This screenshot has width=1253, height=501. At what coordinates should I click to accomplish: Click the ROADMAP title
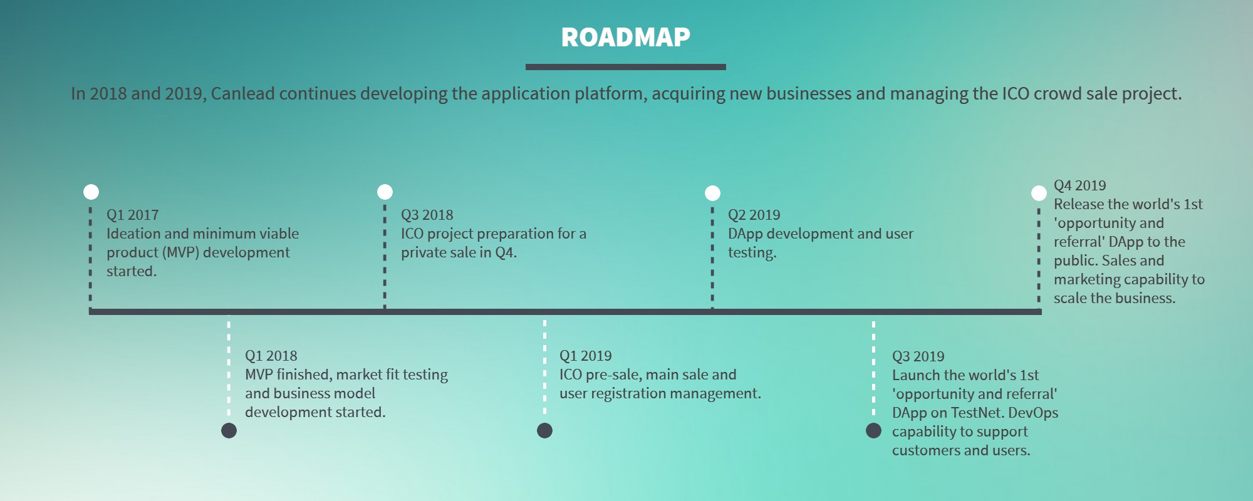(x=625, y=38)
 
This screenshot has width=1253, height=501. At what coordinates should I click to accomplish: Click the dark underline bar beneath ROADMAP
(x=625, y=67)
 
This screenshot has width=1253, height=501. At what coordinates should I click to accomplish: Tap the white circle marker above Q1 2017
(x=91, y=192)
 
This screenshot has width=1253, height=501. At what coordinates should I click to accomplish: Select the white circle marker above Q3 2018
(x=385, y=192)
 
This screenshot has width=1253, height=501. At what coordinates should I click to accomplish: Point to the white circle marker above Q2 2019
(x=712, y=193)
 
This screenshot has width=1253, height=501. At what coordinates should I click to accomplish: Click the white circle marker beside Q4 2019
(x=1039, y=193)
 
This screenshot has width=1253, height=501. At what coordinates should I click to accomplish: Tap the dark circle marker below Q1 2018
(x=229, y=430)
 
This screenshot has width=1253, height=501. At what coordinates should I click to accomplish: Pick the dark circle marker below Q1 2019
(x=545, y=430)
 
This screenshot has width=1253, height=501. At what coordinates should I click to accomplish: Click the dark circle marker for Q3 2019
(x=873, y=430)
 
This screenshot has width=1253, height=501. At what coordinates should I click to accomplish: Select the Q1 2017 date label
(x=132, y=215)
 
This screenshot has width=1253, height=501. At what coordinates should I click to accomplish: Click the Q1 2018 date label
(x=271, y=356)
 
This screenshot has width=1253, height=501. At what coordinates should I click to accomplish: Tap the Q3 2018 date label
(x=427, y=215)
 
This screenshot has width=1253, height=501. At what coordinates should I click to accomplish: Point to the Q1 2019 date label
(x=585, y=356)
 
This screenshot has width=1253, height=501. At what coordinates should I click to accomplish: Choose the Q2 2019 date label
(x=754, y=215)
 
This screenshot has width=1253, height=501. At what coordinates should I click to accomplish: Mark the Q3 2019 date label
(x=918, y=356)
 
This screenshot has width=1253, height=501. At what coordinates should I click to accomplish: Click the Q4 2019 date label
(x=1079, y=185)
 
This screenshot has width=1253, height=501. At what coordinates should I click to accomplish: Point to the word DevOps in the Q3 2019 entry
(x=1033, y=413)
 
